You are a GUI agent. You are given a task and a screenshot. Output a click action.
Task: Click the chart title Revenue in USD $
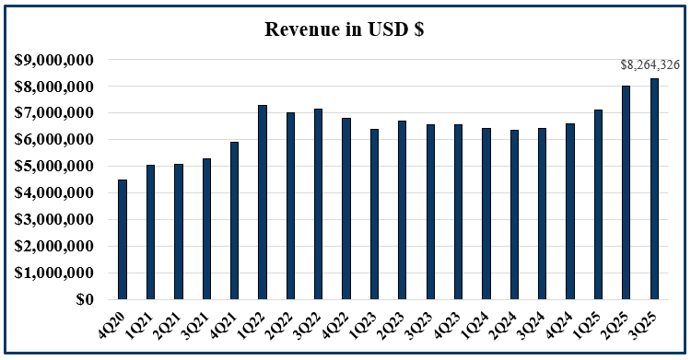[x=344, y=29]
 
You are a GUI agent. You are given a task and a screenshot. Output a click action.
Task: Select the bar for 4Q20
[x=123, y=239]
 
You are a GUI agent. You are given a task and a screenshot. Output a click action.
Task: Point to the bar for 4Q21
[x=235, y=221]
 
